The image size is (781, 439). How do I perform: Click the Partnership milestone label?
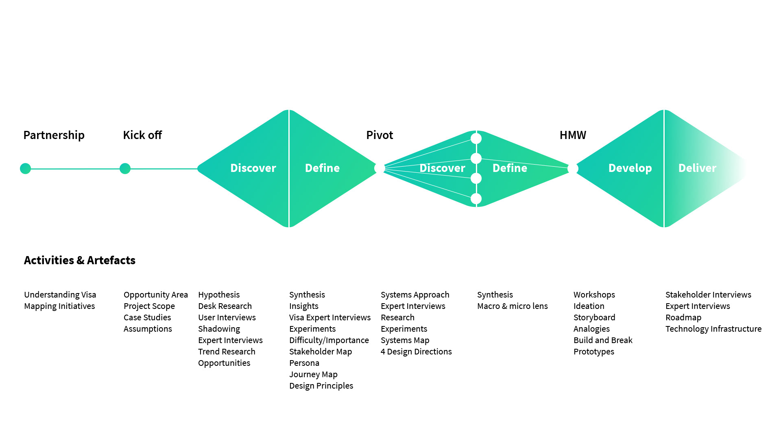tap(54, 135)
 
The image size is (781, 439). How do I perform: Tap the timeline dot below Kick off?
tap(125, 168)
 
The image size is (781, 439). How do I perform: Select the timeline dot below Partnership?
tap(25, 168)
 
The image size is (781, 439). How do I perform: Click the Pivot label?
tap(380, 135)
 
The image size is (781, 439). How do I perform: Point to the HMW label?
tap(573, 135)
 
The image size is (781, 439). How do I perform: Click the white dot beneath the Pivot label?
tap(380, 168)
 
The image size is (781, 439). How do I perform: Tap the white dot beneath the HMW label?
tap(573, 168)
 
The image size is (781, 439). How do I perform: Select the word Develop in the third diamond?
tap(630, 168)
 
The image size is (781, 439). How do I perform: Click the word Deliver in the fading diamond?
tap(697, 168)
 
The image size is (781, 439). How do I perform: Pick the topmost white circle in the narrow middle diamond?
tap(476, 139)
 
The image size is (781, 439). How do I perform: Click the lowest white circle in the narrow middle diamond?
tap(476, 199)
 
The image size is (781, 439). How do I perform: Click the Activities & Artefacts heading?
tap(80, 260)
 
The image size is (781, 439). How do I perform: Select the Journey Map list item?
tap(313, 374)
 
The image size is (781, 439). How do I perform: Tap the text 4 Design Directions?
tap(416, 352)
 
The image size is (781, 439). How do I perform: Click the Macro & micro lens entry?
tap(513, 306)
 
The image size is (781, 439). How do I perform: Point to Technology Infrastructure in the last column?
tap(713, 329)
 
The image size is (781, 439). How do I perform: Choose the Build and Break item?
tap(603, 340)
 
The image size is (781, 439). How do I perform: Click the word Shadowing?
tap(219, 329)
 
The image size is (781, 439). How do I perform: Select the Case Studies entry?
tap(147, 317)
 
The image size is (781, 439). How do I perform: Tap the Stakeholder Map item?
tap(321, 352)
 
